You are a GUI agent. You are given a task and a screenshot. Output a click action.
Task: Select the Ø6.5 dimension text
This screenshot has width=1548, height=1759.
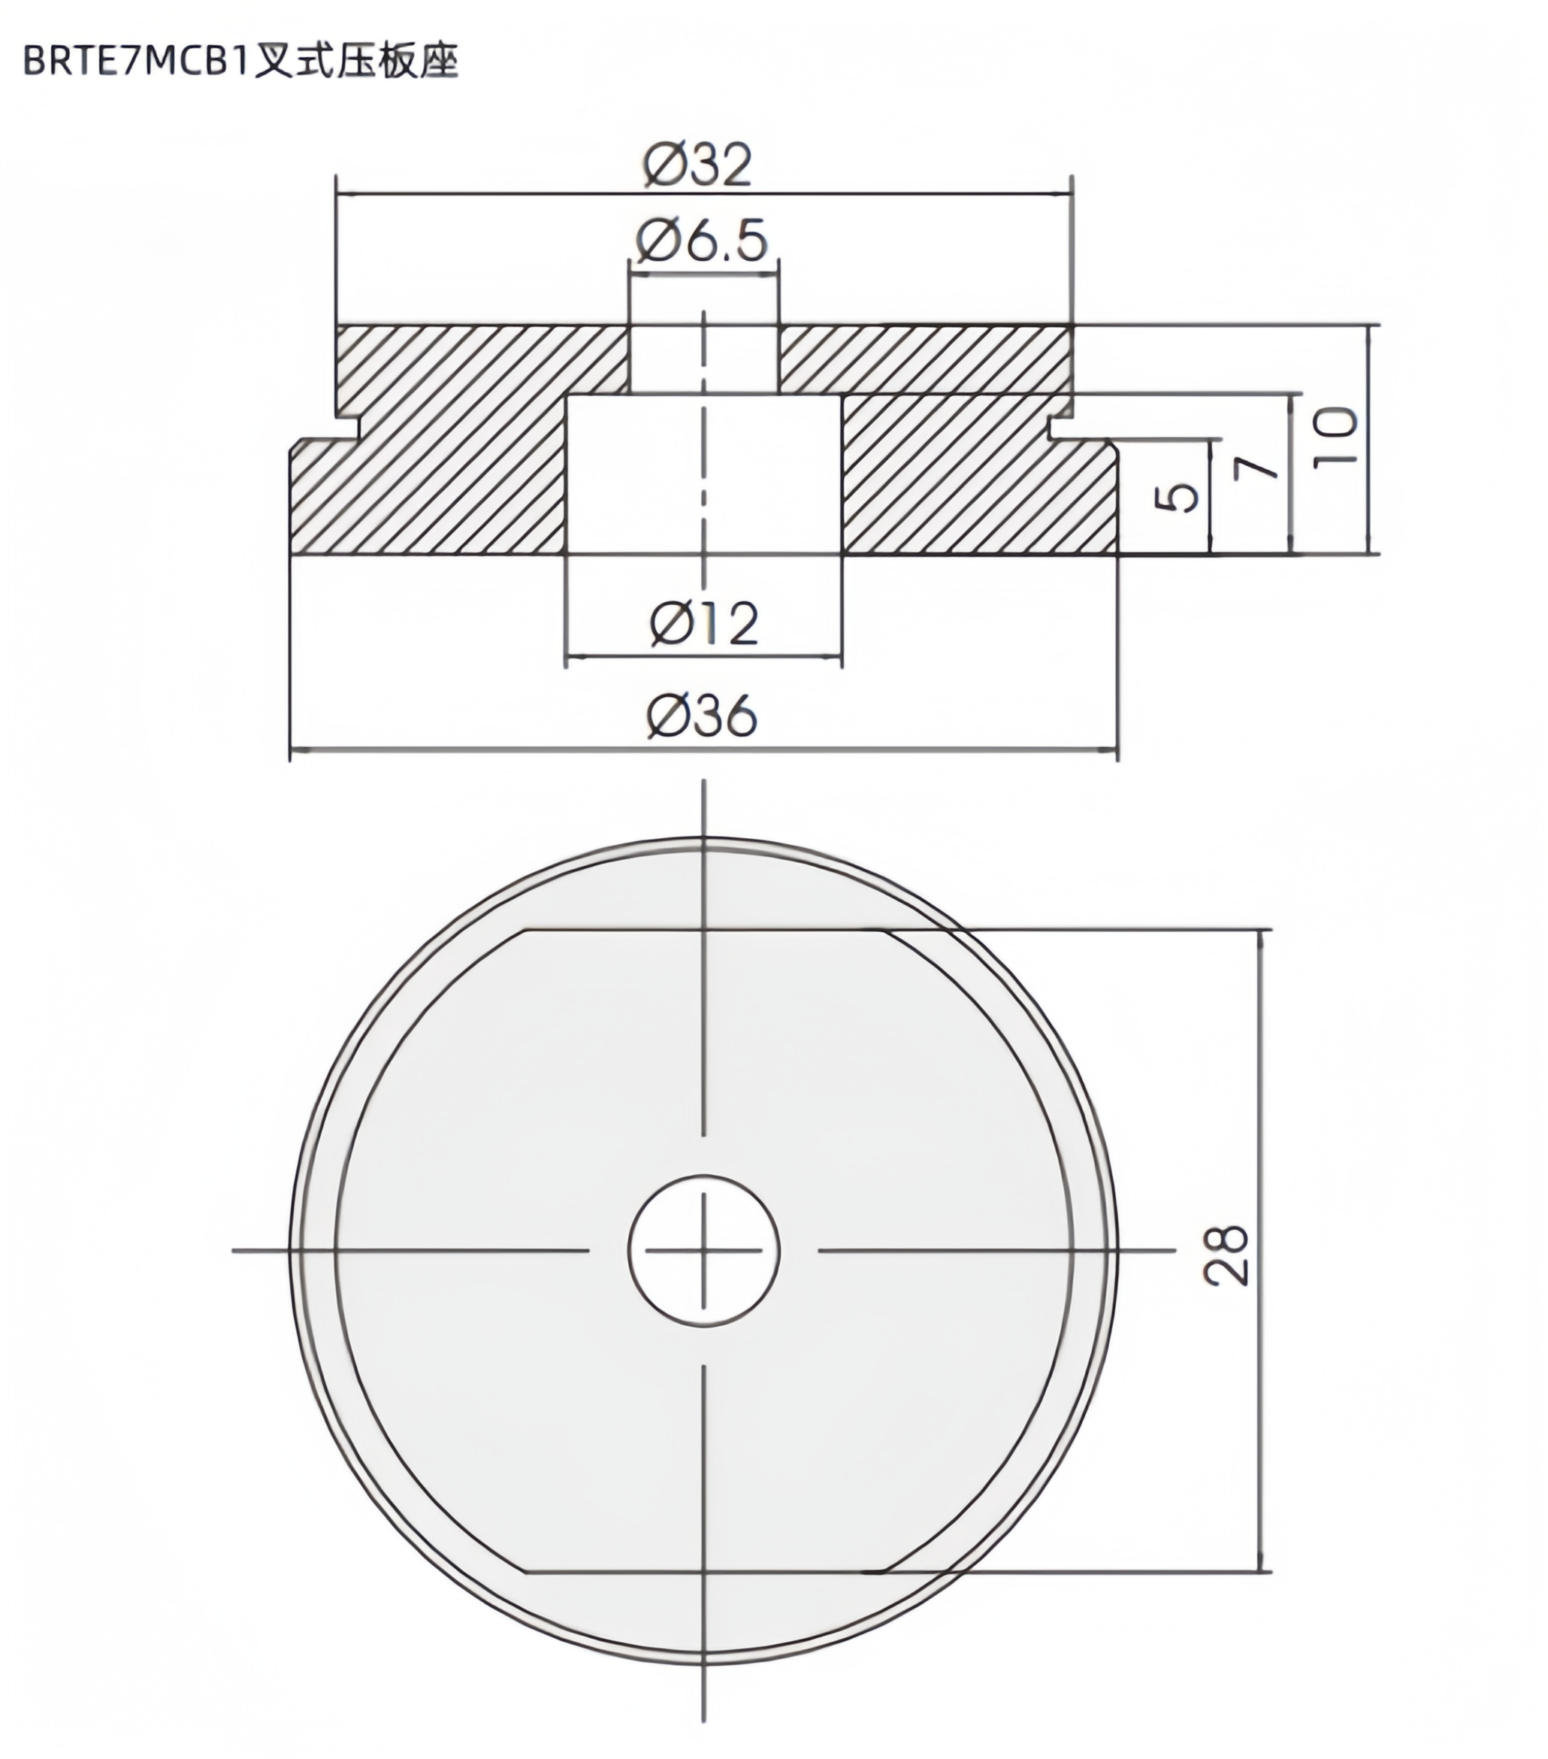pyautogui.click(x=701, y=242)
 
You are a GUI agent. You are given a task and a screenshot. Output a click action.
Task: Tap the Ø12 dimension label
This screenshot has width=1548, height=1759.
pyautogui.click(x=704, y=624)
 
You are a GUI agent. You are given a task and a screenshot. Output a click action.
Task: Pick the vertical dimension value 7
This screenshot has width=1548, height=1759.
pyautogui.click(x=1256, y=468)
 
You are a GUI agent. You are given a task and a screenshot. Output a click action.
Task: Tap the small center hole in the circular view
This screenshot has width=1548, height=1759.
pyautogui.click(x=704, y=1249)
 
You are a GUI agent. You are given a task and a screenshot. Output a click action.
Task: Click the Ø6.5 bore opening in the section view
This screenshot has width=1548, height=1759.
pyautogui.click(x=704, y=359)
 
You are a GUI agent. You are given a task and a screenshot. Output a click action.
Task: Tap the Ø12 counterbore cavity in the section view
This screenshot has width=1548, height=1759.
pyautogui.click(x=704, y=474)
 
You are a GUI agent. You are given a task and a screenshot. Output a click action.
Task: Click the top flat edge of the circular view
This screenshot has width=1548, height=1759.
pyautogui.click(x=704, y=931)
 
